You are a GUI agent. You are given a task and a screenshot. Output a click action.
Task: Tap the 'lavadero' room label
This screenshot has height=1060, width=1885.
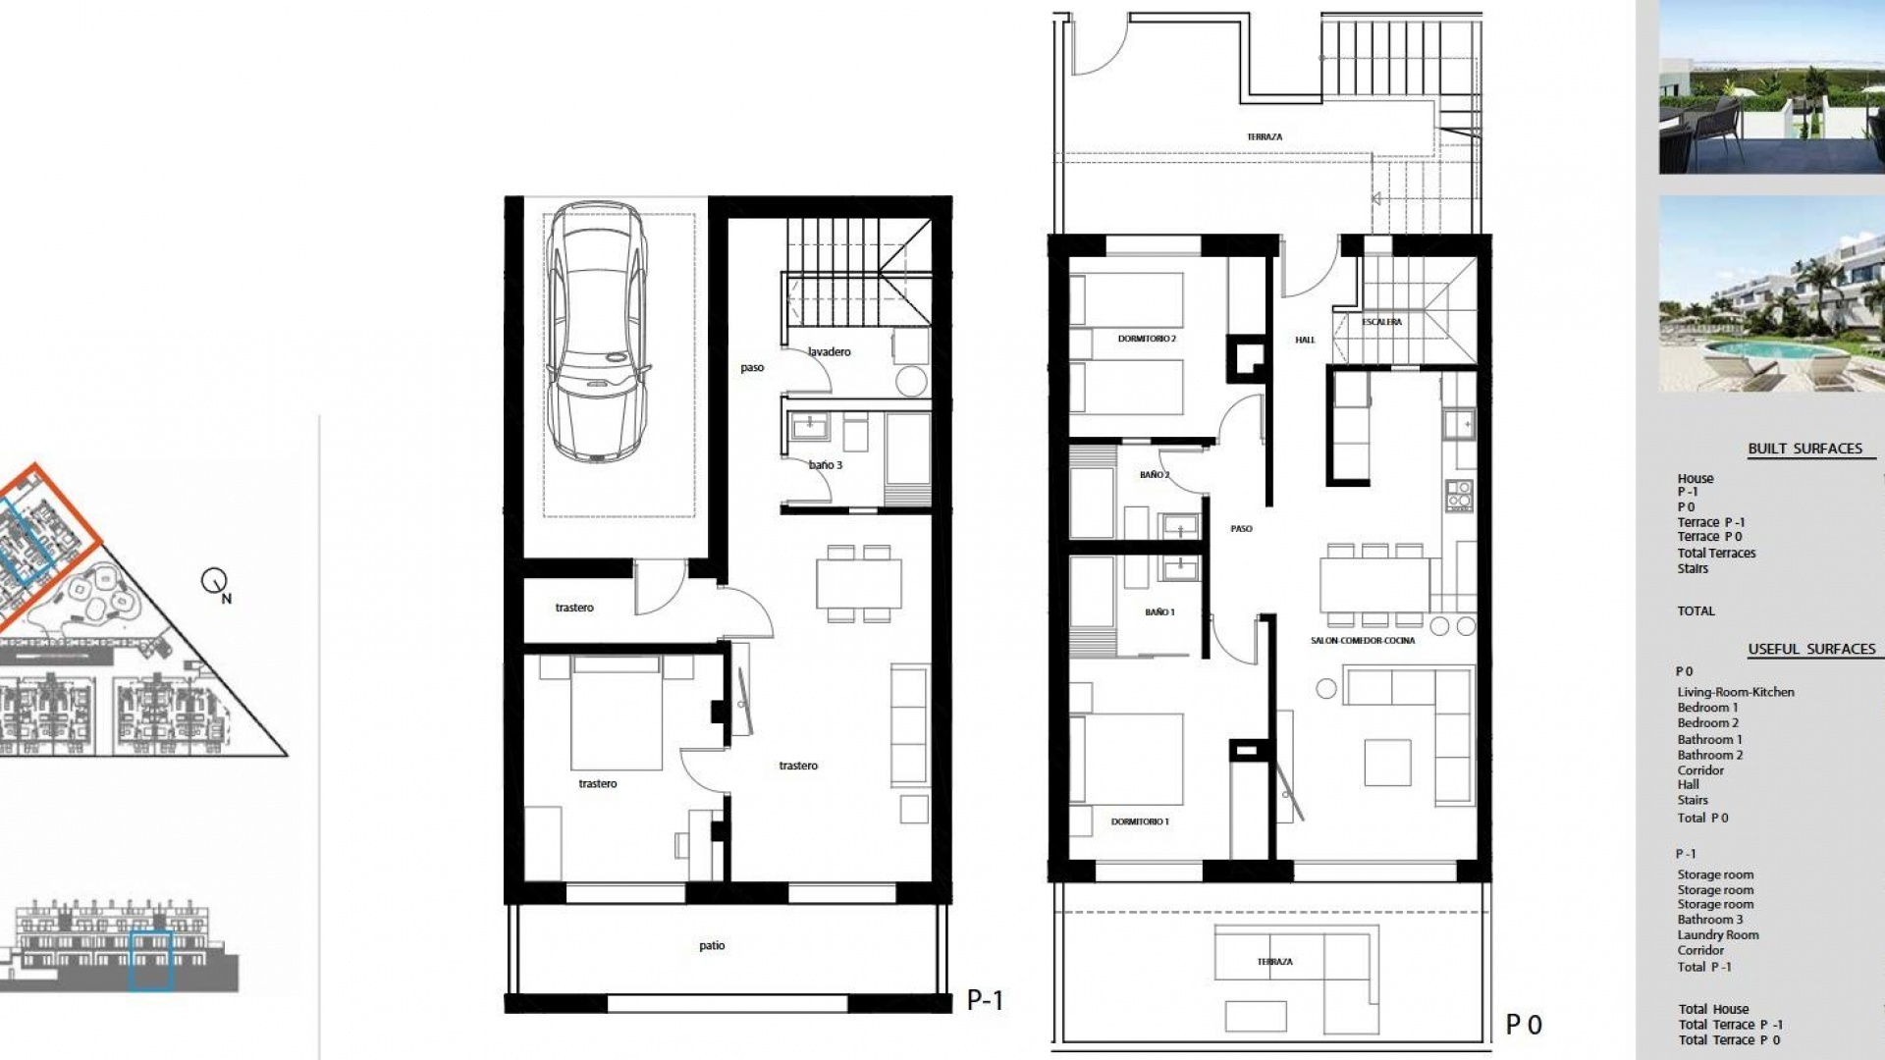pyautogui.click(x=830, y=351)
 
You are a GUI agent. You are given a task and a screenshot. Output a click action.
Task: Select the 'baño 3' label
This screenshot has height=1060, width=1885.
pyautogui.click(x=826, y=465)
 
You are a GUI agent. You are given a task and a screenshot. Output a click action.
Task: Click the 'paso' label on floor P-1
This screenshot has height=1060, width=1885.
pyautogui.click(x=752, y=368)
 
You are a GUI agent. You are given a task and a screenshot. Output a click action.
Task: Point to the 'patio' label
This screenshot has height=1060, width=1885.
pyautogui.click(x=712, y=946)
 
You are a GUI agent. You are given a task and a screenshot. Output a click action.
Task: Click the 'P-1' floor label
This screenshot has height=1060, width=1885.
pyautogui.click(x=985, y=1000)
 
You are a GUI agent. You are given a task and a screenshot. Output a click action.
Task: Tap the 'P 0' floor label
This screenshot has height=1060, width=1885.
pyautogui.click(x=1524, y=1026)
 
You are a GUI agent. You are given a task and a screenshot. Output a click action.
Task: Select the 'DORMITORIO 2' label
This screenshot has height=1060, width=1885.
pyautogui.click(x=1147, y=339)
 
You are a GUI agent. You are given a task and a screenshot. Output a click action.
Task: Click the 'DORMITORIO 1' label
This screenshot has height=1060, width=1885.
pyautogui.click(x=1140, y=821)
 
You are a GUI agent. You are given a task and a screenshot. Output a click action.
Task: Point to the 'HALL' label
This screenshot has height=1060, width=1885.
pyautogui.click(x=1305, y=341)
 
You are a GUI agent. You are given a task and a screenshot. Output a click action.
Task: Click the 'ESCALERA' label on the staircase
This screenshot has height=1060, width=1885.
pyautogui.click(x=1381, y=322)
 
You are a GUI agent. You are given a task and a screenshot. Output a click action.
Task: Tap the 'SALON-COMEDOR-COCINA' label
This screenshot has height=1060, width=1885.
pyautogui.click(x=1363, y=641)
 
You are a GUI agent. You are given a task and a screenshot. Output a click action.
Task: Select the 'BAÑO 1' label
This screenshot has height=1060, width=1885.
pyautogui.click(x=1159, y=612)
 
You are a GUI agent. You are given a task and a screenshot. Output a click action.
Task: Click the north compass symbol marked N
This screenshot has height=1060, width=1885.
pyautogui.click(x=215, y=582)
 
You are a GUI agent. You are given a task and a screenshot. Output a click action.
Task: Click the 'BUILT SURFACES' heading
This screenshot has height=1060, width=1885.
pyautogui.click(x=1804, y=449)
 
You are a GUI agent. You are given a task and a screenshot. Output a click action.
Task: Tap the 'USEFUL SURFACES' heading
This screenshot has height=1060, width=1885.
pyautogui.click(x=1811, y=649)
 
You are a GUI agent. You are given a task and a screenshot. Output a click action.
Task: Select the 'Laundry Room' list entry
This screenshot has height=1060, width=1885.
pyautogui.click(x=1717, y=935)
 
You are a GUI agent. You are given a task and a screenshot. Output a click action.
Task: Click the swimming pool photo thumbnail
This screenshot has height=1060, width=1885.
pyautogui.click(x=1771, y=293)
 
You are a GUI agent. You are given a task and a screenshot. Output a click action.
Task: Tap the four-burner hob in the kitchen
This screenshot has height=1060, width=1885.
pyautogui.click(x=1459, y=496)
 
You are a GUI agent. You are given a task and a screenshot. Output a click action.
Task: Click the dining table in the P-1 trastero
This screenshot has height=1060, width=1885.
pyautogui.click(x=859, y=584)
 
